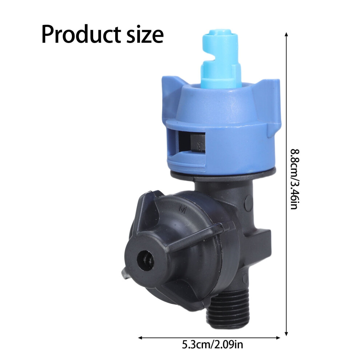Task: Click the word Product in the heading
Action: tap(81, 35)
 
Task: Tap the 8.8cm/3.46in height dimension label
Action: tap(295, 179)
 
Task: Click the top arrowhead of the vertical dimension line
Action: tap(286, 35)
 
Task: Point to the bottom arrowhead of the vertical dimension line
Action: tap(286, 334)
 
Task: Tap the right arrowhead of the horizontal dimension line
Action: tap(278, 338)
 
